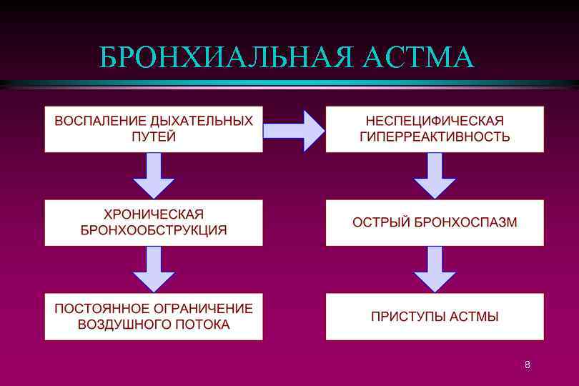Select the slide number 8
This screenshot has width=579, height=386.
click(x=528, y=365)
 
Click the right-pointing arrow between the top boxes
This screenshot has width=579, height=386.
click(x=294, y=130)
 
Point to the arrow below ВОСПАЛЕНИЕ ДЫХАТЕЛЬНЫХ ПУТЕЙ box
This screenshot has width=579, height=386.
click(x=154, y=176)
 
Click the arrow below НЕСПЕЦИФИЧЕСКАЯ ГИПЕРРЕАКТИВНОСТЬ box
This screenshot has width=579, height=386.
click(x=435, y=176)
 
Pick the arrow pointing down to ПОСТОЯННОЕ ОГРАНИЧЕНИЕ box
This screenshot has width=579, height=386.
click(x=154, y=269)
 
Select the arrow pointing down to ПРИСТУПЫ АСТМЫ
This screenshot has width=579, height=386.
click(x=435, y=269)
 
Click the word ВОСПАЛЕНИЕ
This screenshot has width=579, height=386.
click(x=96, y=121)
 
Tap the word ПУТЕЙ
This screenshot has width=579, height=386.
click(x=154, y=137)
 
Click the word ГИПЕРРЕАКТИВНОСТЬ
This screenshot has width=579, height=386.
click(x=435, y=137)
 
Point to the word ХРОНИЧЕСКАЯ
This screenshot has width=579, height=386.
click(x=154, y=214)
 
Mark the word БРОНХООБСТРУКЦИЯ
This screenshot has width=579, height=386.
click(x=154, y=230)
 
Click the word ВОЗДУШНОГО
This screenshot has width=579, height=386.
click(x=122, y=325)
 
